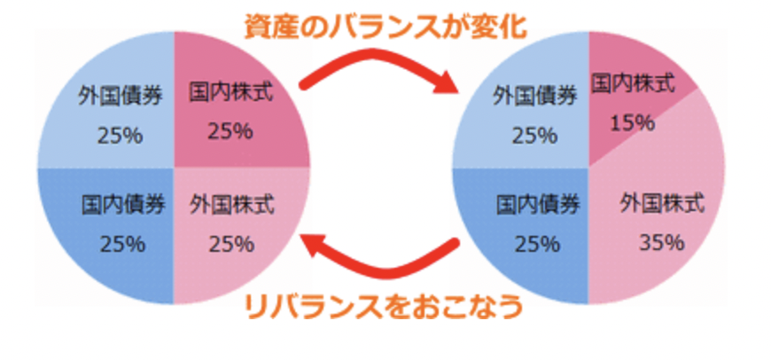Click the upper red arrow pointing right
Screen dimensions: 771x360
click(380, 71)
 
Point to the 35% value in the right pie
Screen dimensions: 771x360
click(663, 241)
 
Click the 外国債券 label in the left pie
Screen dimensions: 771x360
click(121, 97)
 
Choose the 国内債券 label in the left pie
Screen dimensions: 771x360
click(122, 205)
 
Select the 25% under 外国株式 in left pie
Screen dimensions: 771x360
click(230, 242)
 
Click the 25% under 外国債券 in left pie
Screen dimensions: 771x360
click(121, 135)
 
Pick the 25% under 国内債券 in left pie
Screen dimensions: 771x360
click(121, 243)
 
